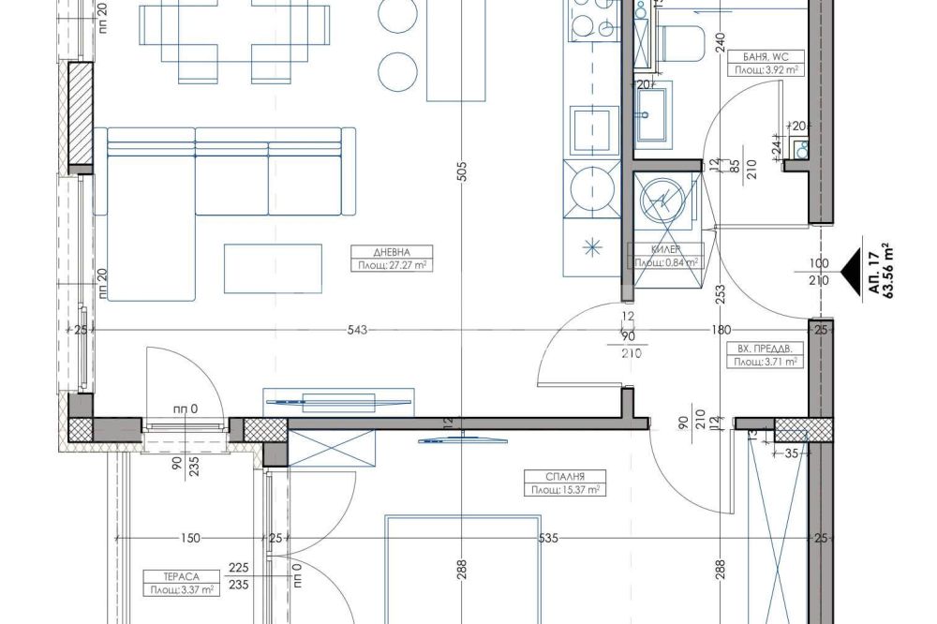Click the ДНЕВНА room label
(x=392, y=252)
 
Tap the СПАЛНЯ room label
(x=565, y=476)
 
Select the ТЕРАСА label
(x=181, y=577)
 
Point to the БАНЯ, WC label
(x=766, y=57)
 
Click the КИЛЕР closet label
(x=665, y=249)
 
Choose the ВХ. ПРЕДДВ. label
(x=765, y=349)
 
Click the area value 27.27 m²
(x=392, y=265)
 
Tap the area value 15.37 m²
(x=565, y=490)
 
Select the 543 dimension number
(x=357, y=330)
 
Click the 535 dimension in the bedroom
(x=548, y=538)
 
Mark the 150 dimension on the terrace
(x=190, y=538)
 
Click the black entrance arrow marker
(x=851, y=271)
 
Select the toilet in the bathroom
(x=679, y=43)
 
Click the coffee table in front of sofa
(x=273, y=268)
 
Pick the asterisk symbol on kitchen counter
(x=593, y=246)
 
